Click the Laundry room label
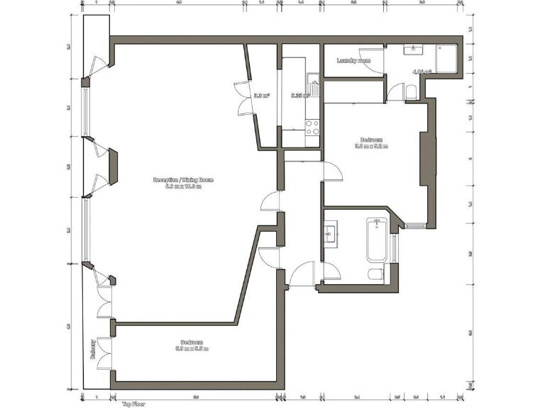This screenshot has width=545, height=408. [x=353, y=61]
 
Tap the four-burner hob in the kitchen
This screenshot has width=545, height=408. [x=312, y=127]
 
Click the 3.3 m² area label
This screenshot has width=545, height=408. [x=261, y=95]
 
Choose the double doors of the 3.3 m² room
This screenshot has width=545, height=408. [x=241, y=96]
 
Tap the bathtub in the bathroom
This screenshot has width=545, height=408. [x=377, y=240]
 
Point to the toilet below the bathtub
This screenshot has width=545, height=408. [x=375, y=274]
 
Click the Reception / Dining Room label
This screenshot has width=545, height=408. [x=183, y=183]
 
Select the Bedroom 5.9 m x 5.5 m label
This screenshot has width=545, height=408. [x=191, y=346]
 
